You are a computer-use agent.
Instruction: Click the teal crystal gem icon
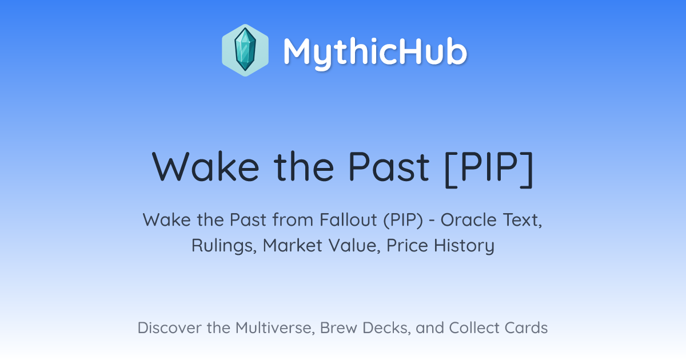pos(245,50)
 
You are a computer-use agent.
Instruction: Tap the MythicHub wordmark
pos(375,52)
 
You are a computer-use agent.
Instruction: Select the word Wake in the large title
pos(206,167)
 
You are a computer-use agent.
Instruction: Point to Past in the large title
pos(389,167)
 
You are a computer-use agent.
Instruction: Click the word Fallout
pos(348,220)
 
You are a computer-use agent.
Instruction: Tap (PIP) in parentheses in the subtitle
pos(403,220)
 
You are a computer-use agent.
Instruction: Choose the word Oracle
pos(469,220)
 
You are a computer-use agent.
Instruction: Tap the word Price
pos(407,245)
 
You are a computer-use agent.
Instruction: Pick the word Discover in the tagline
pos(169,327)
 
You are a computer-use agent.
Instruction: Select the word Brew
pos(338,327)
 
